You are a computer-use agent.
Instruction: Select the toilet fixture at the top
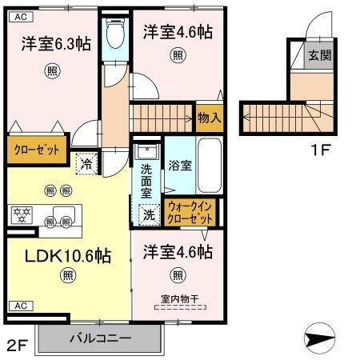tap(115, 33)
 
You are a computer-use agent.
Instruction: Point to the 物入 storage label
tap(209, 118)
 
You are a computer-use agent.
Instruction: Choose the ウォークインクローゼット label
tap(190, 212)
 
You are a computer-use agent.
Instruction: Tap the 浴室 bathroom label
tap(180, 166)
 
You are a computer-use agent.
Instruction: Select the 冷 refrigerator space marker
tap(86, 163)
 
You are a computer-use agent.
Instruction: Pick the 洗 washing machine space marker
tap(148, 214)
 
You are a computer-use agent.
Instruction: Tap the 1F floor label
tap(319, 149)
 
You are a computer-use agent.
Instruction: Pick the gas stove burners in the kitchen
tap(21, 214)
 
